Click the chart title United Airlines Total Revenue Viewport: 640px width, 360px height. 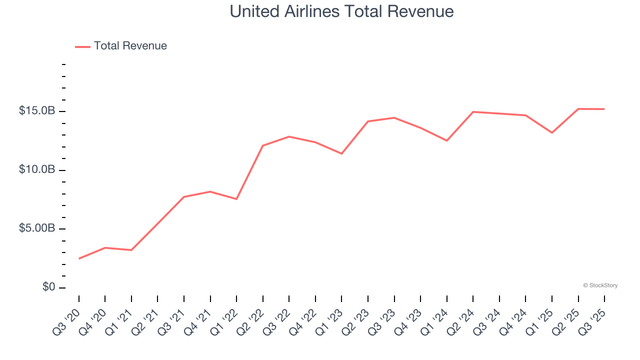341,11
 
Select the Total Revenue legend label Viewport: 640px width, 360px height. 130,46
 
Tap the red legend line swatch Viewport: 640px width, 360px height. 82,46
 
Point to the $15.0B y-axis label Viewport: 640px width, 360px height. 37,111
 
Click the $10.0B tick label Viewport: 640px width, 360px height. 37,170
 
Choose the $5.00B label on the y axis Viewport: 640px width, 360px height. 37,228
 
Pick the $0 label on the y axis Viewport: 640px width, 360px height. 49,287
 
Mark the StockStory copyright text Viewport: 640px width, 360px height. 600,285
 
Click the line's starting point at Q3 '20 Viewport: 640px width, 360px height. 79,258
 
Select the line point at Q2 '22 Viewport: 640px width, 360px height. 263,145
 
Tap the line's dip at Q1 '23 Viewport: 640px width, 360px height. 341,153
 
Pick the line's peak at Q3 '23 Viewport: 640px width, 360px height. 394,117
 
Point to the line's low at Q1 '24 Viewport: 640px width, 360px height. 447,140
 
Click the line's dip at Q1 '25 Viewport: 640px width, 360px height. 552,132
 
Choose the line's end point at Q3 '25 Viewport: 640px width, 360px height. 604,109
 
